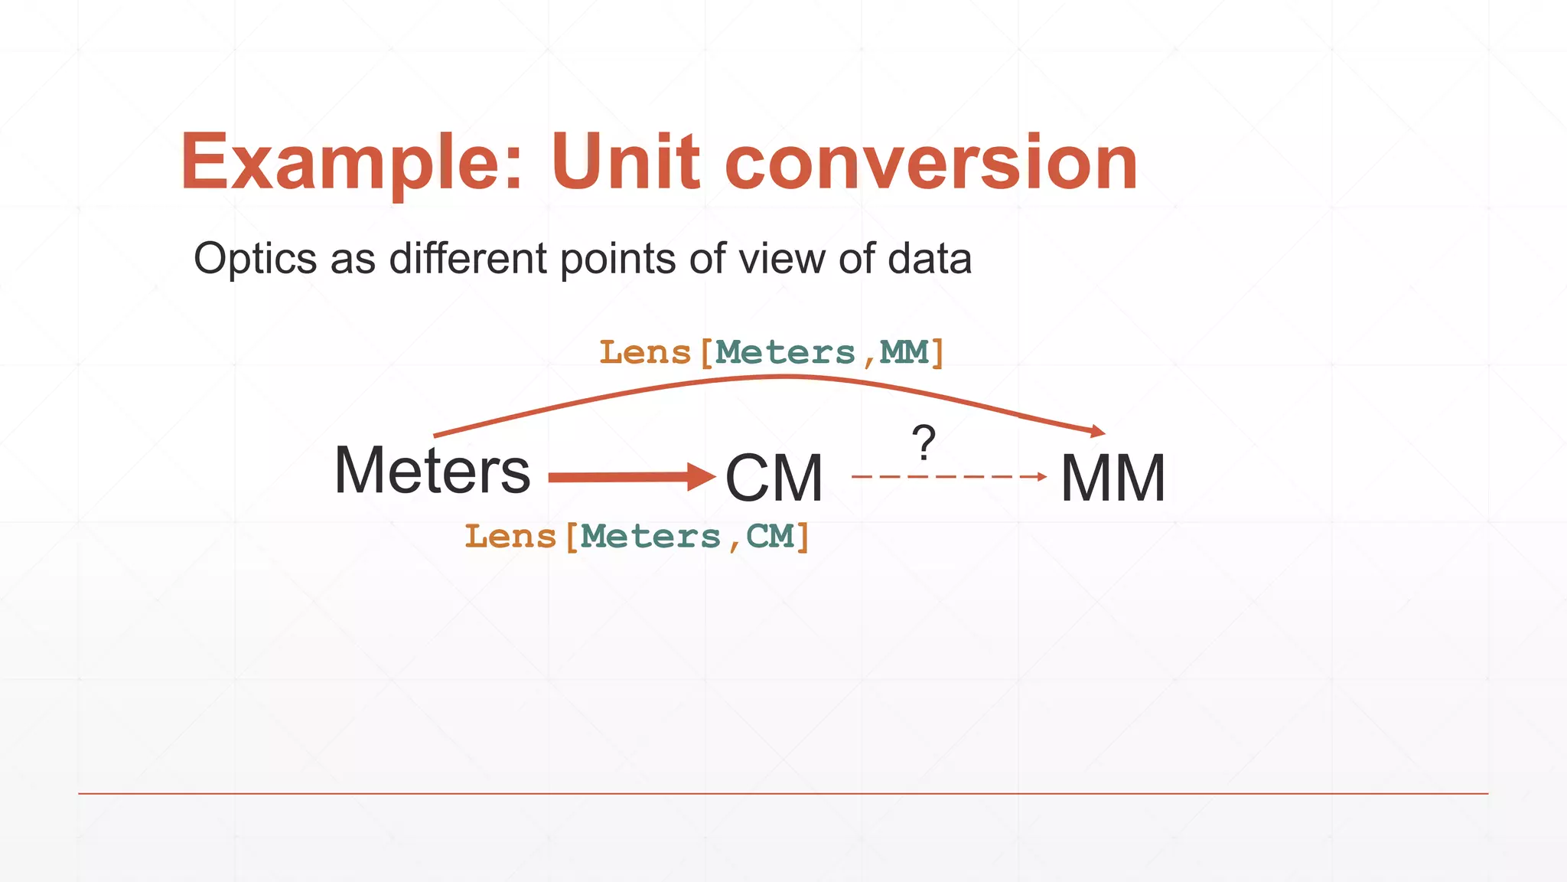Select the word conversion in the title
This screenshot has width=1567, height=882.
coord(931,162)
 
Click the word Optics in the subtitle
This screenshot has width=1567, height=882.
coord(255,259)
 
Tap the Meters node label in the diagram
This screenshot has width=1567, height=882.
coord(432,470)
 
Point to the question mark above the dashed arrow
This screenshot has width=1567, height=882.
coord(924,443)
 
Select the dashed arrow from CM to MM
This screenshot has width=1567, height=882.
coord(949,476)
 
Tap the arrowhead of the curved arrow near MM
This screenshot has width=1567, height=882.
coord(1098,432)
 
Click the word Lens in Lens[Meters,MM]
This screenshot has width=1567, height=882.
coord(645,353)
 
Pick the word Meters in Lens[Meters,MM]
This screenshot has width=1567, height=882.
coord(784,353)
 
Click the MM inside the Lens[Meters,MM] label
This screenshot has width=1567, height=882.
coord(904,353)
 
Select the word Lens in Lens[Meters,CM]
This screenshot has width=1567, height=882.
coord(510,537)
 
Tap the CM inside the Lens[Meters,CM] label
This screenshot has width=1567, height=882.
coord(770,537)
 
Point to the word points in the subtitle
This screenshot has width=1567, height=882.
coord(617,259)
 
